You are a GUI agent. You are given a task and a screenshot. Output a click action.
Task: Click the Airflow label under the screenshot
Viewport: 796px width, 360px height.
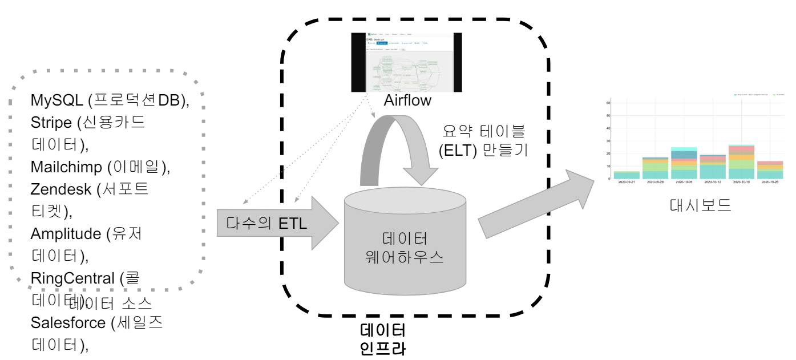[407, 101]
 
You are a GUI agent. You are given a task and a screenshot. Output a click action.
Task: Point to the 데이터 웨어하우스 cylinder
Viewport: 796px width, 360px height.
[405, 245]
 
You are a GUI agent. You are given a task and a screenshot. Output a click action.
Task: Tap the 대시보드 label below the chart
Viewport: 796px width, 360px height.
[700, 205]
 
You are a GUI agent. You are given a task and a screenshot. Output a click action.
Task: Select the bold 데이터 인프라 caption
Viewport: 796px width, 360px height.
[383, 339]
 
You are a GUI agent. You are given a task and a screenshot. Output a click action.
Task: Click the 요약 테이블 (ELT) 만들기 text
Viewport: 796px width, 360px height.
[486, 141]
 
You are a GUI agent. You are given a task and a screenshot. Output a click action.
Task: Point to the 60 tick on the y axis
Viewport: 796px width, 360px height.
[608, 103]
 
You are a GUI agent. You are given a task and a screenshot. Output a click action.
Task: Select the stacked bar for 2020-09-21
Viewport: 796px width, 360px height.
[626, 175]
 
